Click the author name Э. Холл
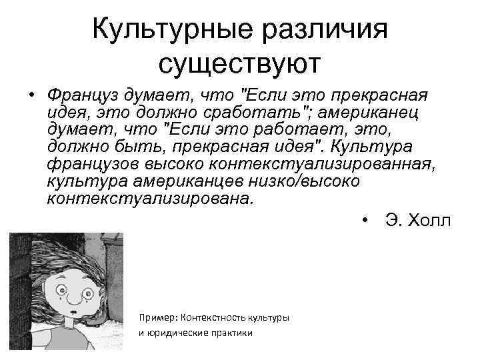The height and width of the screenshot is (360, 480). click(418, 221)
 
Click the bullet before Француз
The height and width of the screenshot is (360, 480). click(32, 95)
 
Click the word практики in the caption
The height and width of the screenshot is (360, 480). click(234, 333)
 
